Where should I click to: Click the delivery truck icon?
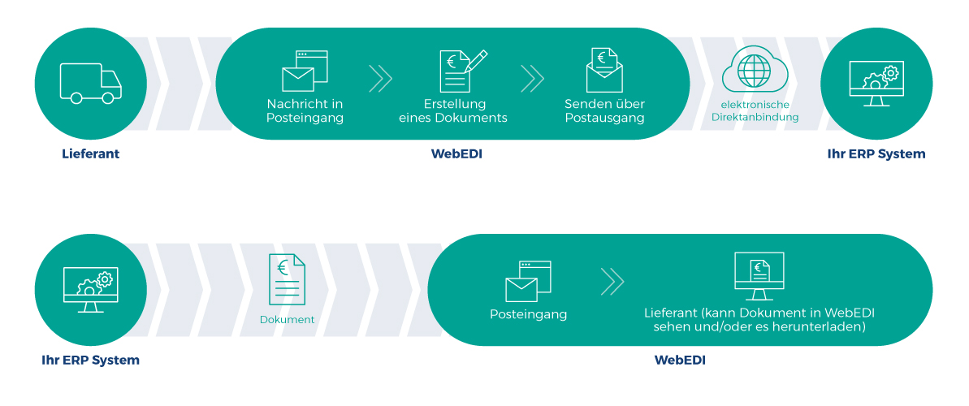tap(90, 83)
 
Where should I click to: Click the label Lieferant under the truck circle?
tap(90, 153)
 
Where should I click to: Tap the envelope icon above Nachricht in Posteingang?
tap(305, 71)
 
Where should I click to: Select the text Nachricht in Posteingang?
tap(305, 111)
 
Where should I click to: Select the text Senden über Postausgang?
tap(604, 111)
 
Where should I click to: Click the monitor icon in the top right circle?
tap(876, 84)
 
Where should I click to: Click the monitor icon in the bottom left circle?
tap(90, 290)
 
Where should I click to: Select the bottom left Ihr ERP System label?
tap(90, 360)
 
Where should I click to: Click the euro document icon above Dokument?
tap(287, 280)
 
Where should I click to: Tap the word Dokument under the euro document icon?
tap(287, 320)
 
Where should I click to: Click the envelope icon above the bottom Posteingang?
tap(528, 281)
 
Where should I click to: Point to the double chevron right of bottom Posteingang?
tap(612, 282)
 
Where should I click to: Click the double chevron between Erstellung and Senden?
tap(532, 79)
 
